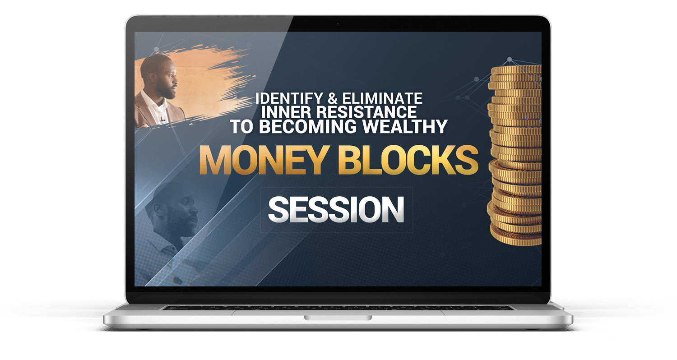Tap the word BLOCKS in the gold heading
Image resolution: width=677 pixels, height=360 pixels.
(408, 160)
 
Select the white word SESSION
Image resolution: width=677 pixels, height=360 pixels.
(336, 210)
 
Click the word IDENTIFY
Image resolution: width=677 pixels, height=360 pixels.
(289, 99)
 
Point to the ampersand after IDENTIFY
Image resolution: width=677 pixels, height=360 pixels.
(333, 99)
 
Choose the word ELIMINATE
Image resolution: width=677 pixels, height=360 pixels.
(382, 99)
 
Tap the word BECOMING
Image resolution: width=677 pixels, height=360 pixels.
(308, 127)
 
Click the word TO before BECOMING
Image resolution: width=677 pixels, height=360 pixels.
(241, 127)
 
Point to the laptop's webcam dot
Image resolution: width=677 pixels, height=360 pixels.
(338, 24)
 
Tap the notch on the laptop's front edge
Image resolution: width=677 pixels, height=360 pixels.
(338, 318)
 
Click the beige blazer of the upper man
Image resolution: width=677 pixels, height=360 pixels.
(151, 112)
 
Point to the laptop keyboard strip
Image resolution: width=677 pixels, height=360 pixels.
(338, 308)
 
